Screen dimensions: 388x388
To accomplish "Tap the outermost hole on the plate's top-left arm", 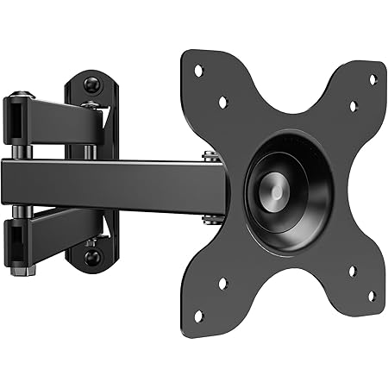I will coord(198,70).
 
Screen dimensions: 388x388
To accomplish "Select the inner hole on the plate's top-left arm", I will coord(222,101).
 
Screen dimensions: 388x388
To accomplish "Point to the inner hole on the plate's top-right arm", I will coord(353,106).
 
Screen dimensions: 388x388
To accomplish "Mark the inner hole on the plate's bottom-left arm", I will coord(222,282).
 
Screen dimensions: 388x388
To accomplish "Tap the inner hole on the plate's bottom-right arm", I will coord(352,272).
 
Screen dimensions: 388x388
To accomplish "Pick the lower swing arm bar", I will coord(60,227).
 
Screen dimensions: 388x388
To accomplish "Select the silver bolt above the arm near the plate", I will coord(210,156).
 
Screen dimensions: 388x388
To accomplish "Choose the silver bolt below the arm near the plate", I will coord(210,218).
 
